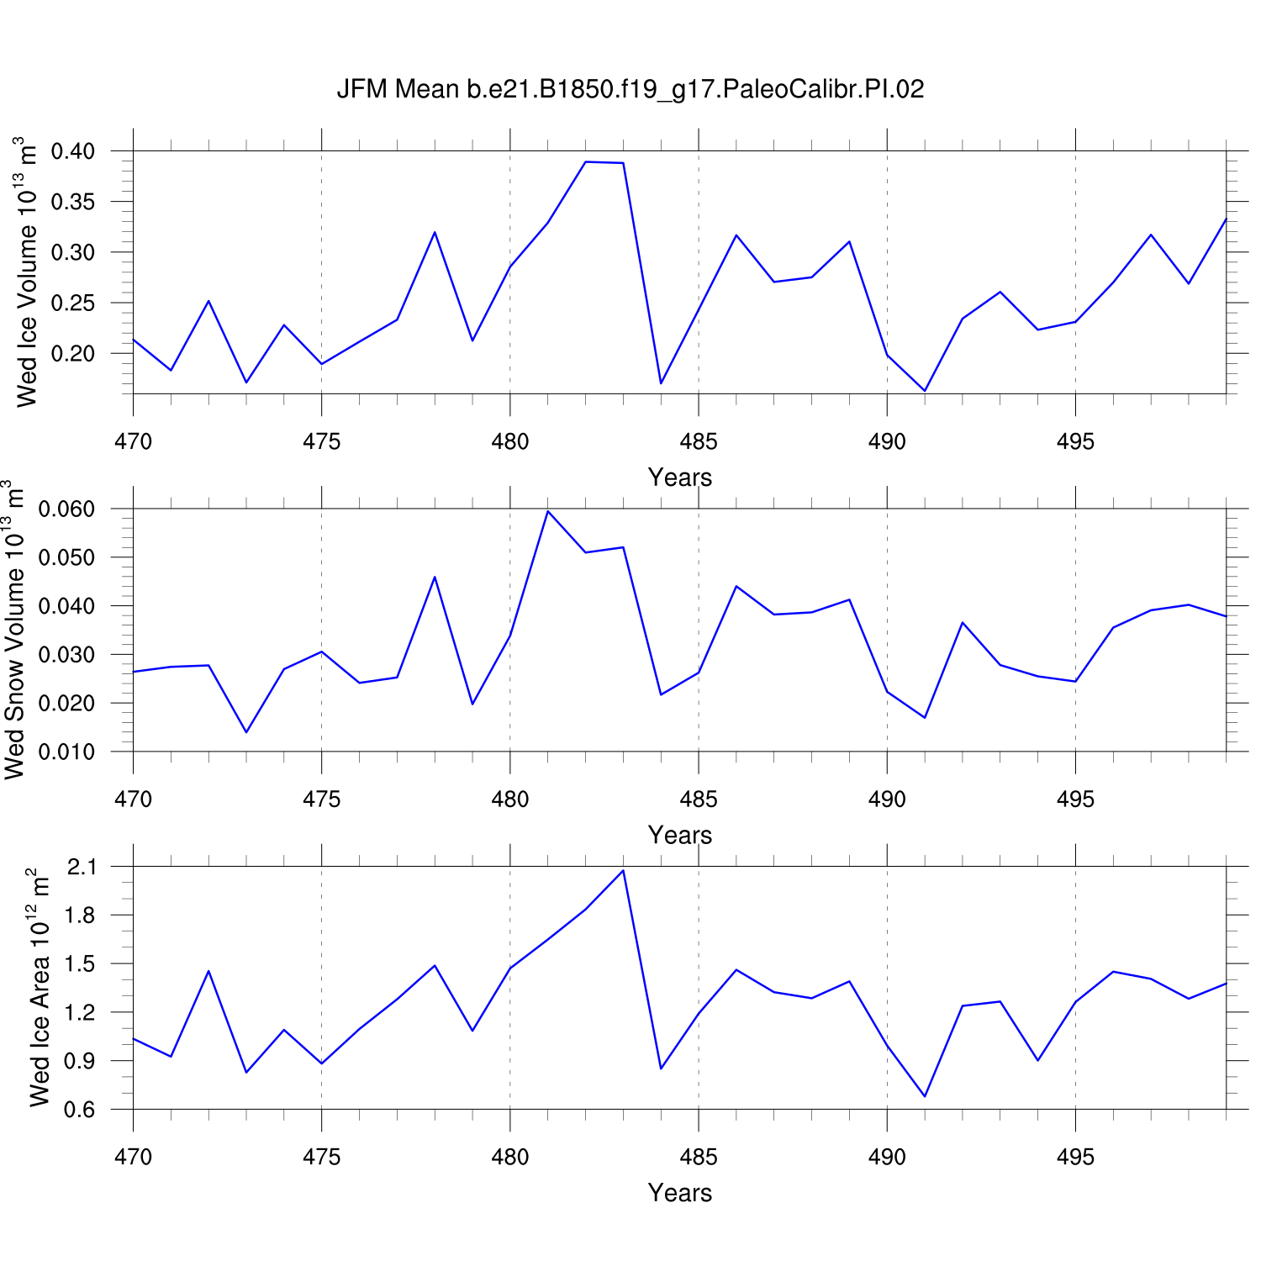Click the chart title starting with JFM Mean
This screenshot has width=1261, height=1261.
click(x=630, y=89)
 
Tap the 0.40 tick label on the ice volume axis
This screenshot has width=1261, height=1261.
click(x=73, y=152)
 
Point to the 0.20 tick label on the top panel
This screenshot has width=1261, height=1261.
click(x=73, y=354)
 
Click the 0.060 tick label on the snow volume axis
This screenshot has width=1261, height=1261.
click(x=67, y=509)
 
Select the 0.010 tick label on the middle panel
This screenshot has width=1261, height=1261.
click(x=67, y=752)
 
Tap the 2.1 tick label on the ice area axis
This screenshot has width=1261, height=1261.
click(x=82, y=867)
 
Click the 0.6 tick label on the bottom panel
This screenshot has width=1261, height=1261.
click(x=82, y=1110)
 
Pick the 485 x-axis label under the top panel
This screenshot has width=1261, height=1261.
click(x=699, y=442)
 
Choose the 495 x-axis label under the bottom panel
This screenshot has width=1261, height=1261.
click(x=1075, y=1158)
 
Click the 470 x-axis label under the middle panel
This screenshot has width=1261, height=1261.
click(x=133, y=799)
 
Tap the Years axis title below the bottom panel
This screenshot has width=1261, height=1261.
click(x=680, y=1193)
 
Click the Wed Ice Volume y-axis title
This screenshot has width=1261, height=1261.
click(x=27, y=272)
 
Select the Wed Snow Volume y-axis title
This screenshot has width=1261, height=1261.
click(x=14, y=630)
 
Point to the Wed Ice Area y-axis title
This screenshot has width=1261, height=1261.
click(x=40, y=988)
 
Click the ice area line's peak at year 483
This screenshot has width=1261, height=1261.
click(x=623, y=871)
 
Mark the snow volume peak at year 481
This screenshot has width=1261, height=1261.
click(x=548, y=511)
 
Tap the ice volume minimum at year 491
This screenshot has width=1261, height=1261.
click(x=925, y=391)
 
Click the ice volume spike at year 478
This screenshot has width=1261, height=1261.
click(x=435, y=232)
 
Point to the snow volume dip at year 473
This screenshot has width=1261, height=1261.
click(x=246, y=732)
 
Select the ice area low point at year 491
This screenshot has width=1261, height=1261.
click(x=925, y=1096)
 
